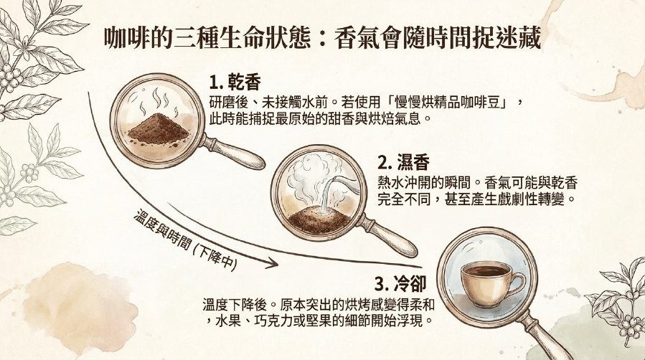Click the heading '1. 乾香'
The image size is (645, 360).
235,82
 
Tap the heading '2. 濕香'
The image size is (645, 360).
403,164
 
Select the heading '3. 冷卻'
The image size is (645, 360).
400,283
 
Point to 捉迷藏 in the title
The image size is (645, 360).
512,39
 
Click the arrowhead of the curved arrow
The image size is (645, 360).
271,262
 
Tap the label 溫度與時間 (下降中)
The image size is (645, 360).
186,241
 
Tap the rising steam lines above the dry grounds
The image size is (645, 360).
159,100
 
